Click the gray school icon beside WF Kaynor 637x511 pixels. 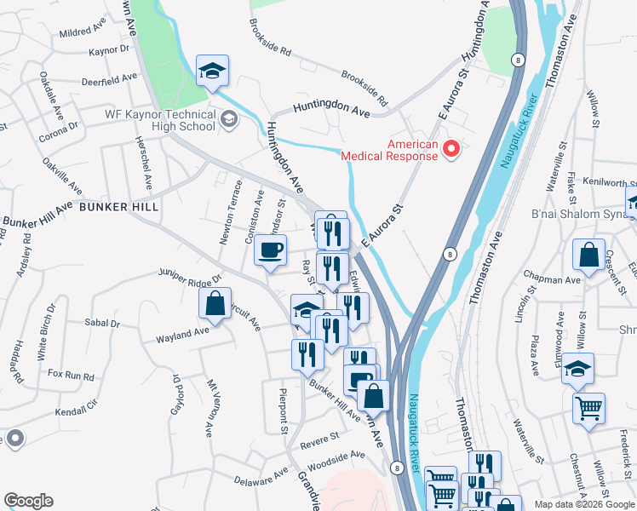tap(227, 120)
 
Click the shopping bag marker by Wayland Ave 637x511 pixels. tap(215, 304)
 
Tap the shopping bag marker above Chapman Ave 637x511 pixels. tap(588, 256)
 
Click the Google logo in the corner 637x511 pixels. tap(28, 501)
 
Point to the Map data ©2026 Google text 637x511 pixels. tap(585, 503)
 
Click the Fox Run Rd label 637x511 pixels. tap(71, 375)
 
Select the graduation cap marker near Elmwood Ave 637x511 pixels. tap(577, 369)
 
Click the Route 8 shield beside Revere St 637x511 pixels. tap(397, 468)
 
